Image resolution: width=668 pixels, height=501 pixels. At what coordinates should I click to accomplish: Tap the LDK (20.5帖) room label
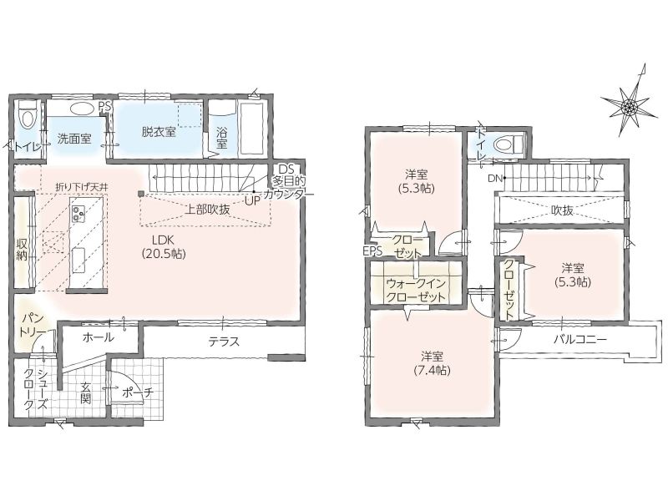(164, 246)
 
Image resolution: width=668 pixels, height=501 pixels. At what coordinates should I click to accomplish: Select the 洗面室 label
(74, 139)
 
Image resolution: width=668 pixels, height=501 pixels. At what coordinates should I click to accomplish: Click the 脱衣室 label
(159, 132)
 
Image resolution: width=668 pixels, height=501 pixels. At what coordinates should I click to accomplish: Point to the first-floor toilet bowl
(28, 114)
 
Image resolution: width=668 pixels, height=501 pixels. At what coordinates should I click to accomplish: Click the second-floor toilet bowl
(508, 144)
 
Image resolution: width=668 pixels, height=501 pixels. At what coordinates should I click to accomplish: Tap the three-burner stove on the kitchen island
(78, 213)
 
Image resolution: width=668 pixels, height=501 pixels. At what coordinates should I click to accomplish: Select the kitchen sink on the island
(78, 260)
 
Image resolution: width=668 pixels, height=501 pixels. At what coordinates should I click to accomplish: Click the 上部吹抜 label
(207, 210)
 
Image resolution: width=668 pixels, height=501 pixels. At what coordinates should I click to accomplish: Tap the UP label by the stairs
(252, 200)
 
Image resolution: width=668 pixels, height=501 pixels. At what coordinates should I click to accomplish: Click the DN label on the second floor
(494, 179)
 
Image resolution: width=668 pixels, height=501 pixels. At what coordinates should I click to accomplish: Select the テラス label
(224, 342)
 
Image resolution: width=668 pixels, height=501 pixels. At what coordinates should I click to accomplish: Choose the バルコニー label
(579, 340)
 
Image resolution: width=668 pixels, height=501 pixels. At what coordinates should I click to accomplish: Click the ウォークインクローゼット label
(415, 290)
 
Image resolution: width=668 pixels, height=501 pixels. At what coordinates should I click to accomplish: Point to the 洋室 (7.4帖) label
(432, 363)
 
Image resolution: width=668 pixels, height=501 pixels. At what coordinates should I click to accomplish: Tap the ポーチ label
(137, 392)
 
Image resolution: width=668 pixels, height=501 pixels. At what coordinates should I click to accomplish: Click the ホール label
(98, 337)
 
